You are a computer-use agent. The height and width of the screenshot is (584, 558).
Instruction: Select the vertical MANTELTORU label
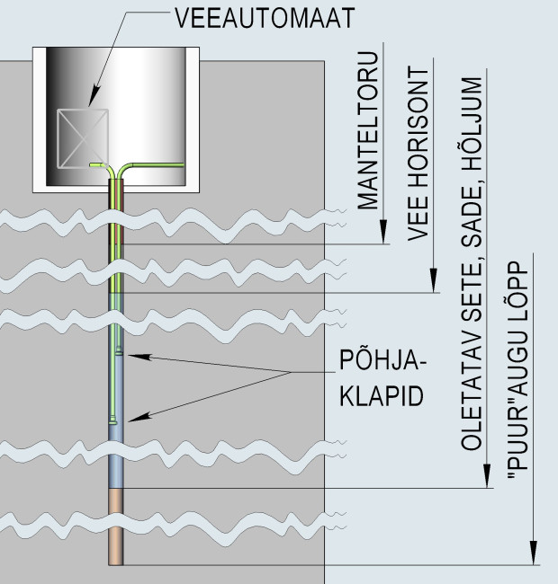368,136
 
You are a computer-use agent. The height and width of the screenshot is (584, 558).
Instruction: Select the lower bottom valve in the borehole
111,419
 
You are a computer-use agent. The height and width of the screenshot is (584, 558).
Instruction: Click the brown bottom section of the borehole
115,526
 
